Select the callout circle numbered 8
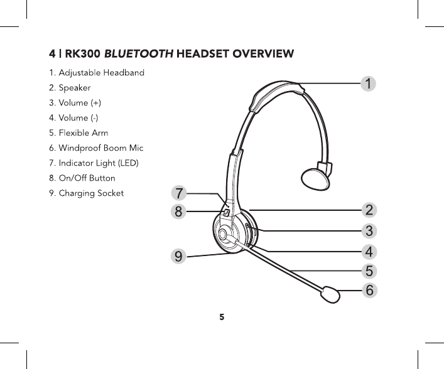coord(180,211)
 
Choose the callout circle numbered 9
coord(180,255)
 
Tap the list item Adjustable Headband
coord(97,73)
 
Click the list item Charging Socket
coord(86,193)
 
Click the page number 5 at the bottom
coord(222,317)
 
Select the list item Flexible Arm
coord(79,133)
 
